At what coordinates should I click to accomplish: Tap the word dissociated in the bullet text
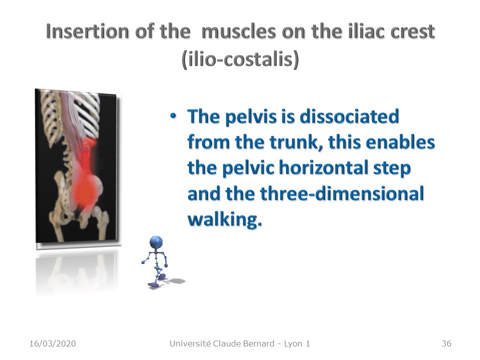(349, 116)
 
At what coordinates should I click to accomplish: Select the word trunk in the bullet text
(294, 142)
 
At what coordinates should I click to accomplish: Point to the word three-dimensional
(341, 193)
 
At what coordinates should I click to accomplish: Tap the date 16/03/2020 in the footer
(52, 343)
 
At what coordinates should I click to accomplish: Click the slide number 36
(446, 343)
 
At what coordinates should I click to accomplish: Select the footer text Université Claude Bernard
(222, 343)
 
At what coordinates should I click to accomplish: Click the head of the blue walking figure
(156, 242)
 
